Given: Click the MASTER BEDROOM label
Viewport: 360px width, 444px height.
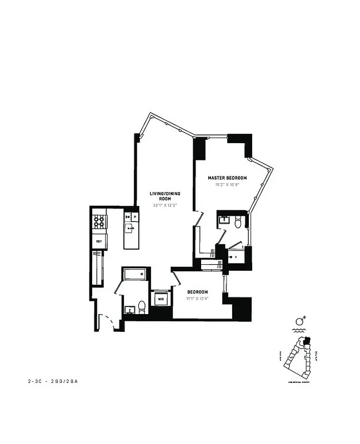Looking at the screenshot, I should tap(227, 178).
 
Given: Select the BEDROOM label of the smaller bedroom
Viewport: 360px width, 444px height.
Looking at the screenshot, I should tap(197, 292).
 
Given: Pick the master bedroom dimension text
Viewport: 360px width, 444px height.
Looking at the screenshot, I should tap(227, 184).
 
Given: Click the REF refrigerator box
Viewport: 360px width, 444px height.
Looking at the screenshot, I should tap(99, 241).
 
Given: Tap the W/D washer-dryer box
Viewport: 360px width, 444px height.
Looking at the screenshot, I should tap(161, 299).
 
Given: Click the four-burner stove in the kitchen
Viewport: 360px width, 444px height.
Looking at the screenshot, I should tap(99, 222).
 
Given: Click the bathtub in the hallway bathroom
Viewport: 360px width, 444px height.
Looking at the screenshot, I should tap(135, 274).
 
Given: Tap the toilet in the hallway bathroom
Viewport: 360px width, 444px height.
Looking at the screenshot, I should tap(142, 306).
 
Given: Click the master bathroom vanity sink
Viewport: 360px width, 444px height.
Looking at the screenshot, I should tap(224, 220).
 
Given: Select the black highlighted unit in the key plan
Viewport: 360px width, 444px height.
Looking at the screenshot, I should tap(309, 341).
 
